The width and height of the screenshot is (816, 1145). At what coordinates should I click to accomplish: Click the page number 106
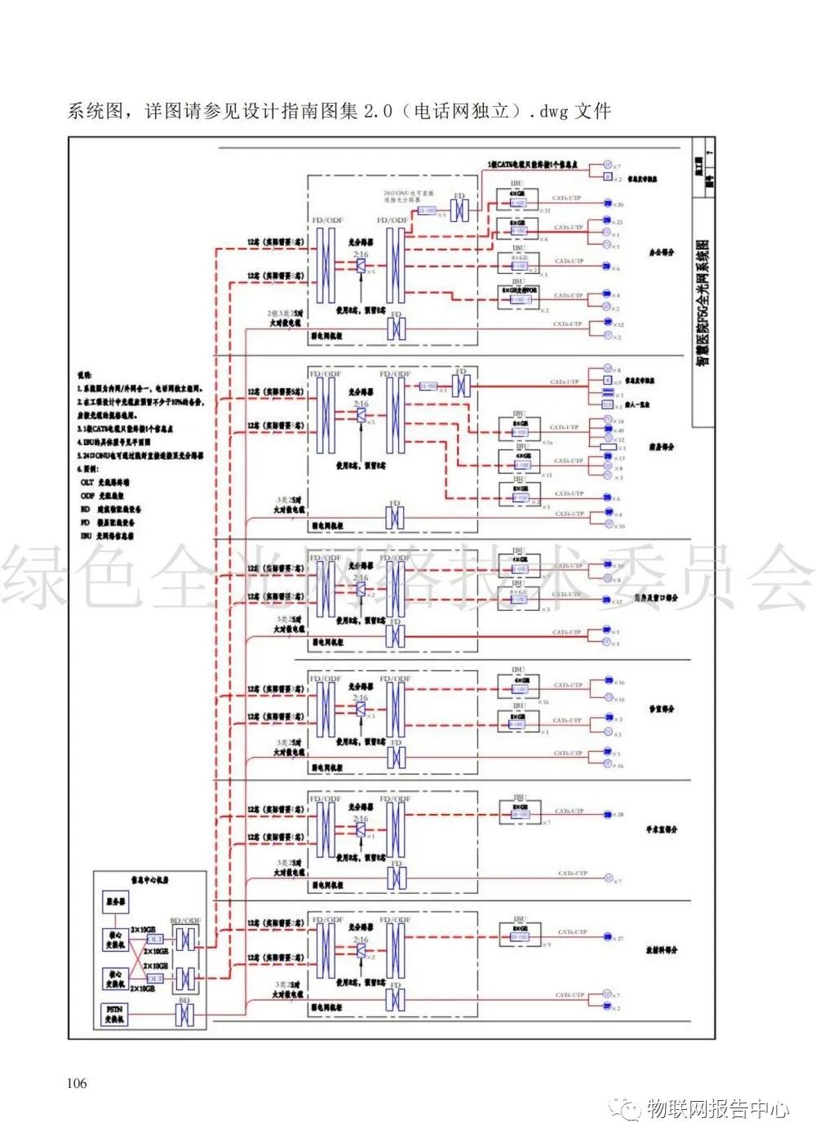coord(77,1083)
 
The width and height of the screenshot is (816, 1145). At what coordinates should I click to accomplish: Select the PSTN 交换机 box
coord(114,1014)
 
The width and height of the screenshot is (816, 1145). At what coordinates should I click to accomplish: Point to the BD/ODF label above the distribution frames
coord(185,921)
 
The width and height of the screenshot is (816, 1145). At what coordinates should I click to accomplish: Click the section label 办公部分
coord(662,253)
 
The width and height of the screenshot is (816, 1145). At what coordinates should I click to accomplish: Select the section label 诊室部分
coord(662,709)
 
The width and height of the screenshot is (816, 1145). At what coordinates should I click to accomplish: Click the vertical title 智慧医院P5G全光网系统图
coord(703,303)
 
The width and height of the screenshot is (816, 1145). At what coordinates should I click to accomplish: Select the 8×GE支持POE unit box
coord(520,295)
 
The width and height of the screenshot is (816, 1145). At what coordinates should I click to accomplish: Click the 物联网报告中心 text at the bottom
coord(718,1109)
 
